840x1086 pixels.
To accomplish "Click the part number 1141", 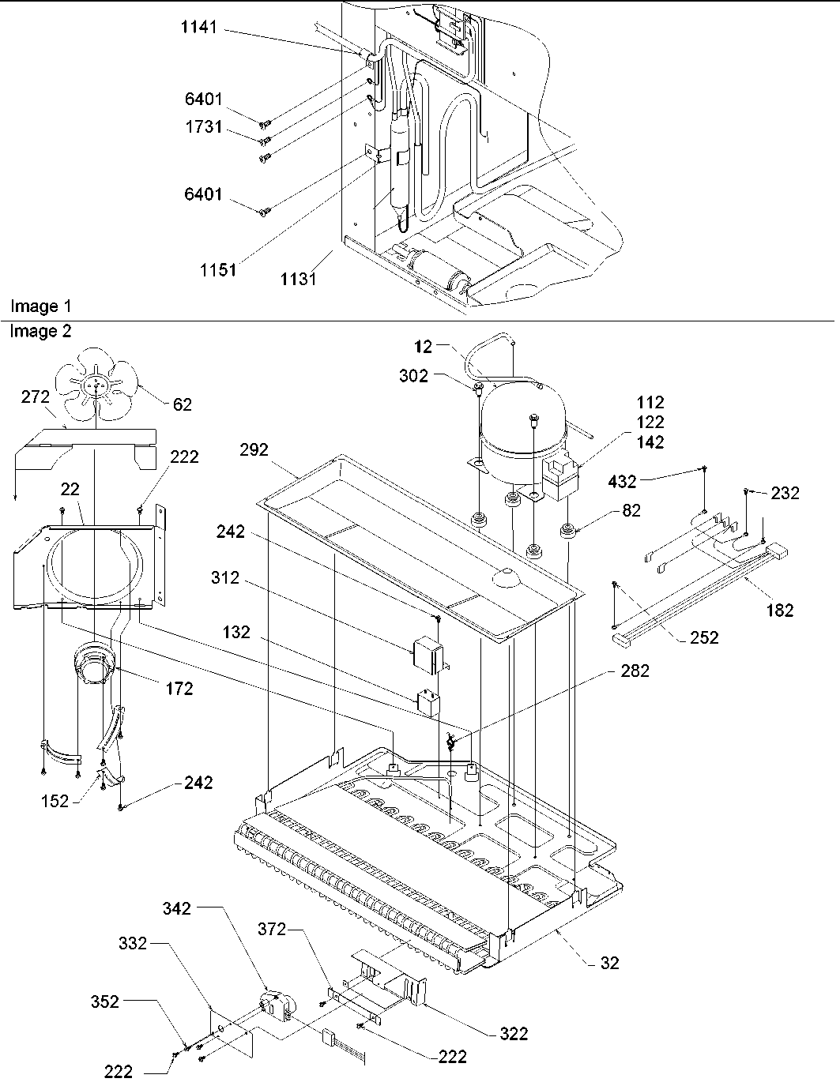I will (198, 28).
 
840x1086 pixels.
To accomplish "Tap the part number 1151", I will (218, 269).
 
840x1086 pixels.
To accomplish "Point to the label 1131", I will (299, 279).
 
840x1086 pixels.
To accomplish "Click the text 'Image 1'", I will (34, 306).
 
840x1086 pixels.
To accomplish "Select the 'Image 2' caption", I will (40, 332).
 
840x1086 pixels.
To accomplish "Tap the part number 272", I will (36, 396).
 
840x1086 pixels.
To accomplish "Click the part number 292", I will (254, 450).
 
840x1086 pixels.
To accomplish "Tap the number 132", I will (235, 632).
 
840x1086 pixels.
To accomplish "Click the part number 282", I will (635, 671).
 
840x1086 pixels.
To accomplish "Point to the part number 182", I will (779, 609).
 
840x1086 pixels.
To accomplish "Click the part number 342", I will (177, 908).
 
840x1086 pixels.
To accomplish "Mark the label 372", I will (272, 929).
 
